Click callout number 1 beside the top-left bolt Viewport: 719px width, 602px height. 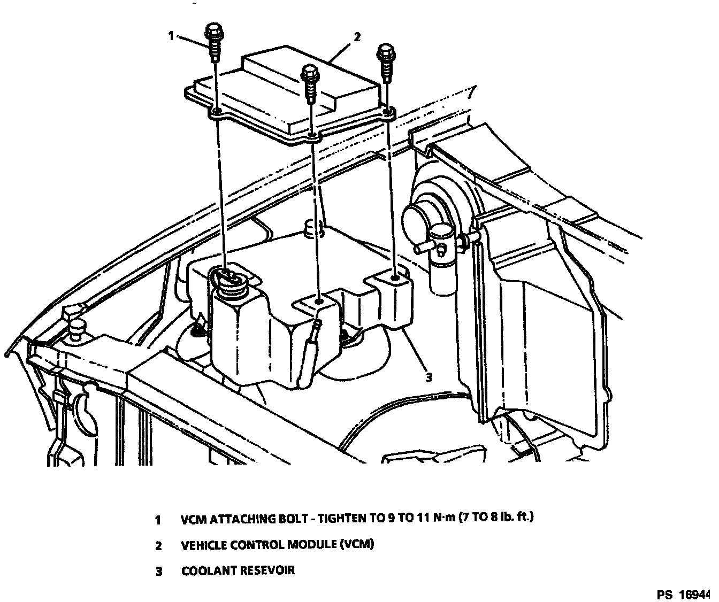click(x=171, y=36)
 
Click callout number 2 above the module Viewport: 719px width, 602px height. click(x=357, y=37)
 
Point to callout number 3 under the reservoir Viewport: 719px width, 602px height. click(x=428, y=377)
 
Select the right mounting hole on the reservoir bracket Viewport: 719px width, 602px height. click(x=395, y=279)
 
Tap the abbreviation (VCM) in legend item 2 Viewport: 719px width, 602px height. click(x=356, y=545)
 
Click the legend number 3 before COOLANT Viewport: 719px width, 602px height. click(x=158, y=571)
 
